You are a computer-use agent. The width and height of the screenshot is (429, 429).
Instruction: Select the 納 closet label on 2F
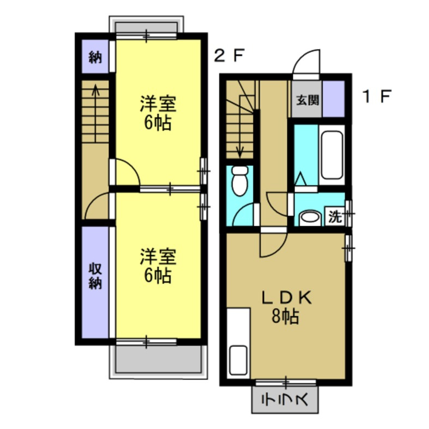click(95, 57)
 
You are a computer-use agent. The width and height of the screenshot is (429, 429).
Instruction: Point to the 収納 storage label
click(95, 277)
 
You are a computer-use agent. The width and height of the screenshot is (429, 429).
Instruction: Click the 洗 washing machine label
click(335, 216)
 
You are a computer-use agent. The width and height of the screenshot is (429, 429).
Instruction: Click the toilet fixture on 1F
click(240, 181)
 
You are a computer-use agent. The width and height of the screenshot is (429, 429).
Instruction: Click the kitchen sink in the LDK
click(238, 359)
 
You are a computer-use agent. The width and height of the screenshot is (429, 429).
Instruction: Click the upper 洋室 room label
click(158, 112)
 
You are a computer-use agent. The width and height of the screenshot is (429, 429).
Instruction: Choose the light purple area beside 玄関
click(334, 99)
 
